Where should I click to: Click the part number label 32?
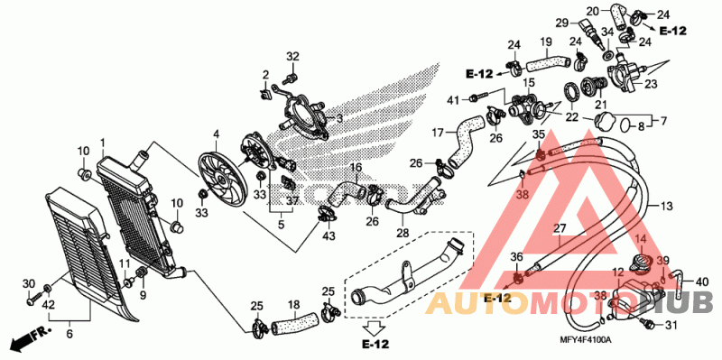[x=292, y=57]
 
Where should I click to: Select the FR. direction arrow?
[x=28, y=338]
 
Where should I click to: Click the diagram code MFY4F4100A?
[x=585, y=340]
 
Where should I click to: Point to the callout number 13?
[x=666, y=206]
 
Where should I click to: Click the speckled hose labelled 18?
[x=295, y=322]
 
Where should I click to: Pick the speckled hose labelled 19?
[x=548, y=63]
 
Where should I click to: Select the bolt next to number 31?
[x=649, y=325]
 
